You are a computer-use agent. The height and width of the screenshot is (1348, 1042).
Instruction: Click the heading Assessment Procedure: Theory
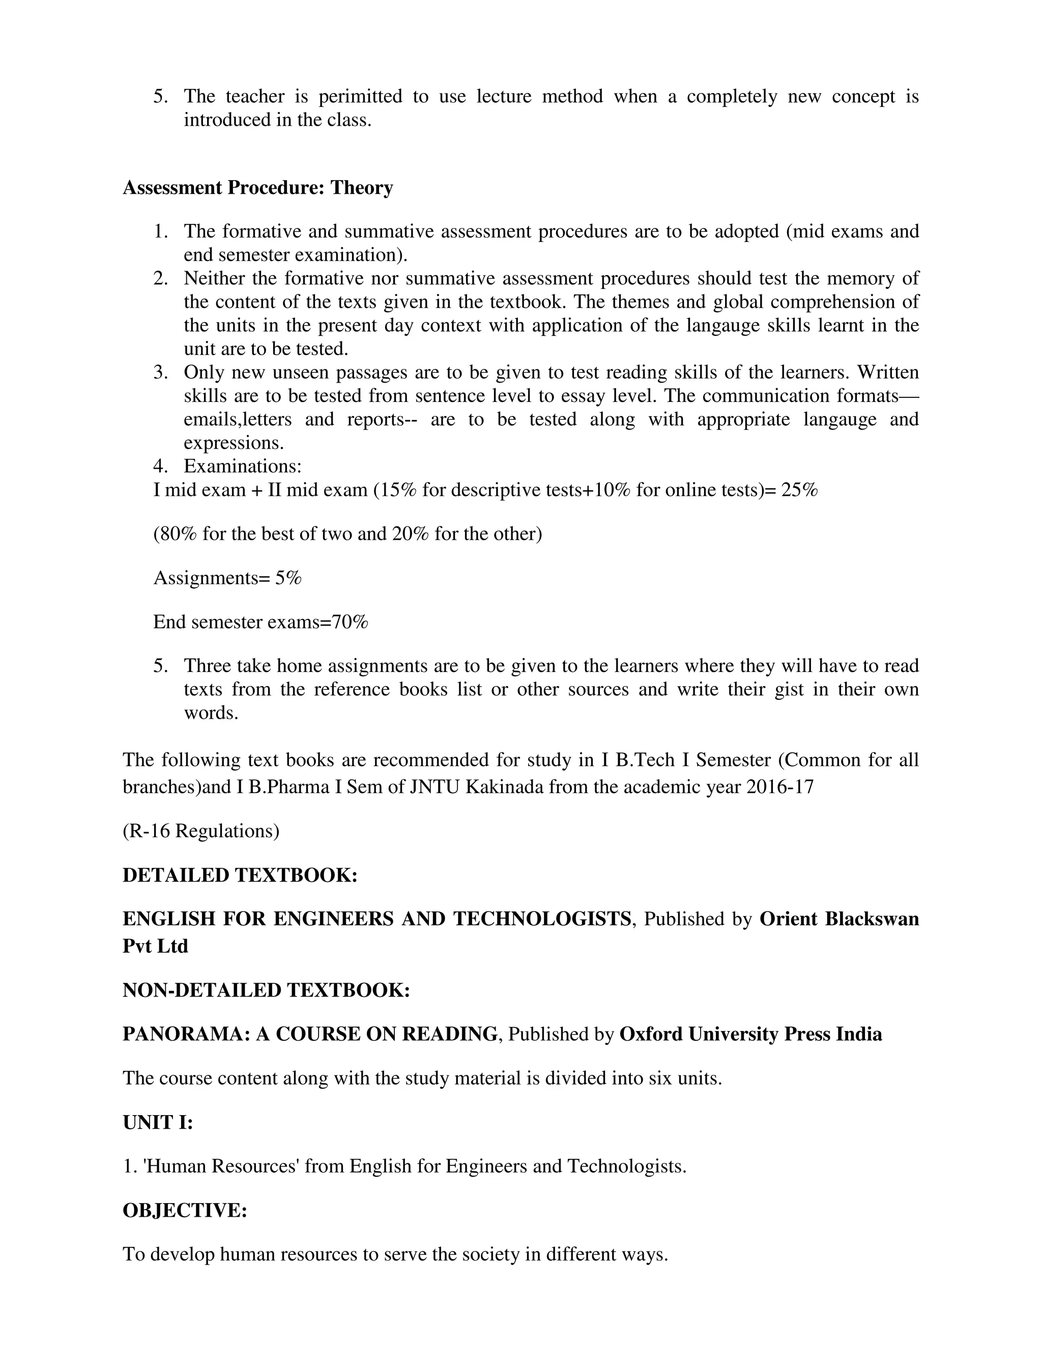257,188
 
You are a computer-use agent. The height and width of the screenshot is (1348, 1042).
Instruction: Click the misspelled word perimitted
360,96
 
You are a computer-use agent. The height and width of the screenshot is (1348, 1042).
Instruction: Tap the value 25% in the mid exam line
799,490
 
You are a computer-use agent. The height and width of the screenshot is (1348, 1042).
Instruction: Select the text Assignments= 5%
227,578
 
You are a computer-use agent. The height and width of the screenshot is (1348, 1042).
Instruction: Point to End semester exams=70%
260,622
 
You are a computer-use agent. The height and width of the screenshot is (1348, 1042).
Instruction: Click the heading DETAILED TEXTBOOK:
240,875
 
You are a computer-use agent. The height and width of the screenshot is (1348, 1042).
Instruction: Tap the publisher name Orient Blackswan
838,919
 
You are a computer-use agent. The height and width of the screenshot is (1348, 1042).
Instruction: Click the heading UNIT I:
158,1122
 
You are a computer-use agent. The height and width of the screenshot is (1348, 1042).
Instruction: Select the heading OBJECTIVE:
185,1210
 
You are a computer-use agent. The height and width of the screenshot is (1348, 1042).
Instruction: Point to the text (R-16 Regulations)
200,831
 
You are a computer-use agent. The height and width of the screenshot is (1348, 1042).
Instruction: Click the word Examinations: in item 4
242,466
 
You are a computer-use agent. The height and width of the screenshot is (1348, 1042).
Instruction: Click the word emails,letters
238,420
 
